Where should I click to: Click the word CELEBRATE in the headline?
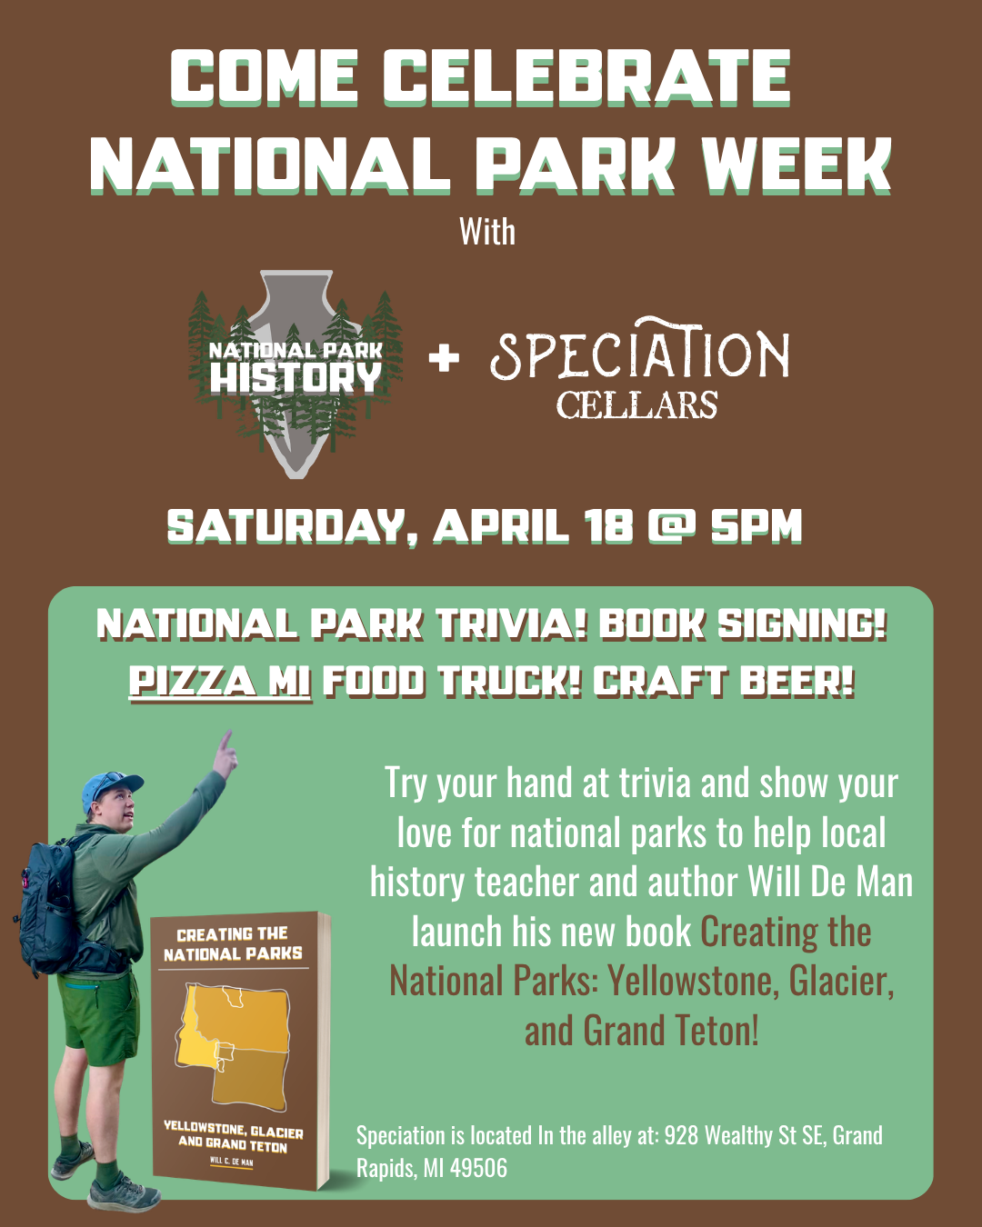point(586,76)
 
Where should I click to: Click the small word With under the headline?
point(487,232)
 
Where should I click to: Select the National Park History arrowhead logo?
point(296,373)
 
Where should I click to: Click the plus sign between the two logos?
point(444,357)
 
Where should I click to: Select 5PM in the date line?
point(757,526)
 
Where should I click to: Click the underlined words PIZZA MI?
point(220,682)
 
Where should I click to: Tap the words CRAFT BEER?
point(724,682)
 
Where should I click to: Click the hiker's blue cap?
point(109,787)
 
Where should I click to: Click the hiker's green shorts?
point(100,1018)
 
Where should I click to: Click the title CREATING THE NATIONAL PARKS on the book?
point(233,943)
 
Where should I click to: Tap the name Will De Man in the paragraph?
point(830,883)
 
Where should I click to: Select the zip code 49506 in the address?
point(478,1168)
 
